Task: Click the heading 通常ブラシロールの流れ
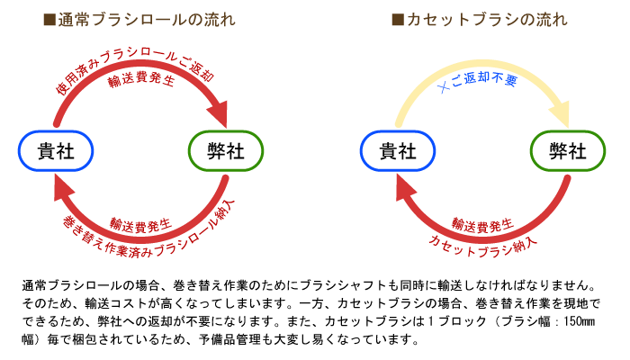click(146, 20)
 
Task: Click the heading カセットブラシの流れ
click(487, 20)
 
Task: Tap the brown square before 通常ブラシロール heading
click(49, 20)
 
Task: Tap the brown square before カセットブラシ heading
click(398, 20)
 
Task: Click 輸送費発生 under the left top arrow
click(141, 79)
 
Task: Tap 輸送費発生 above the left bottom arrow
click(140, 225)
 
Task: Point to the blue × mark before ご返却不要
click(443, 86)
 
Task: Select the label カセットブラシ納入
click(482, 246)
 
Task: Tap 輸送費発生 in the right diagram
click(482, 225)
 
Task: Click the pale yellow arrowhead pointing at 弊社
click(561, 114)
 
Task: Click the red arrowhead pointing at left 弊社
click(219, 114)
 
